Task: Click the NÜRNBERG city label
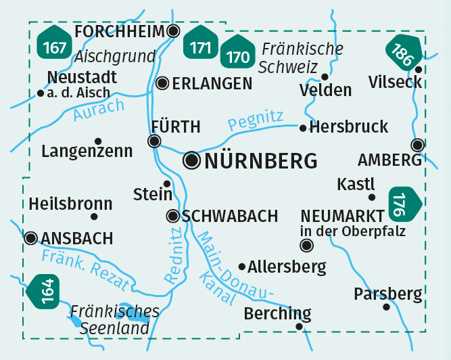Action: tap(260, 161)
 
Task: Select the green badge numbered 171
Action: tap(201, 47)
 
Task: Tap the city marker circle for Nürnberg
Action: tap(193, 160)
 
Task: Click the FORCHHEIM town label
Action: tap(120, 32)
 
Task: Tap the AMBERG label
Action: tap(389, 160)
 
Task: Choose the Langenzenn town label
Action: tap(87, 152)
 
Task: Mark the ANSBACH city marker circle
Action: tap(30, 238)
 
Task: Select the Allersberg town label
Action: tap(287, 267)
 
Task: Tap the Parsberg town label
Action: tap(387, 294)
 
